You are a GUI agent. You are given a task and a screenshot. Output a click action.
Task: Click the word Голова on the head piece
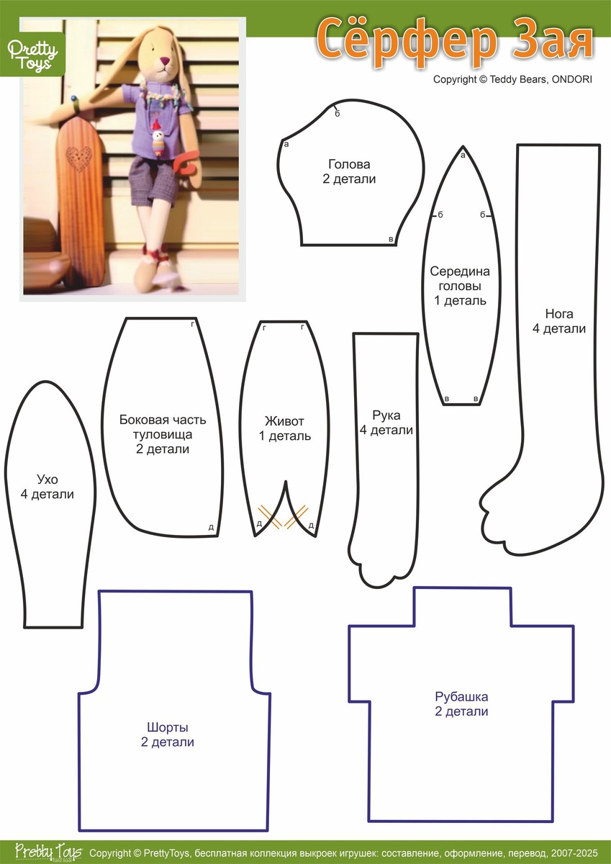tap(349, 164)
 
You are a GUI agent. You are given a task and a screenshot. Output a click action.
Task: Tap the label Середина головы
tap(460, 279)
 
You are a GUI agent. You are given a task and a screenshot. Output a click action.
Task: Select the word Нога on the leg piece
tap(559, 314)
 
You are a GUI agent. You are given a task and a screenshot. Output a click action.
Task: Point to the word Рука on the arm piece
tap(386, 415)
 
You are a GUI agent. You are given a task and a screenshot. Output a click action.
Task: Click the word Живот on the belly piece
tap(284, 421)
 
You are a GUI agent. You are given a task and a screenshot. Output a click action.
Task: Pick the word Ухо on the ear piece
tap(47, 480)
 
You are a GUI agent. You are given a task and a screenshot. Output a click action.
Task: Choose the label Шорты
tap(167, 727)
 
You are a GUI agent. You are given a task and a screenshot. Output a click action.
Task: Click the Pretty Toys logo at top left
tap(32, 55)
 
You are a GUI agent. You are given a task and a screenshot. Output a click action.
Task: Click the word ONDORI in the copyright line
tap(571, 79)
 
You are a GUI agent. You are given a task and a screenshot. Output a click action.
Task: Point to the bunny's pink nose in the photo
tap(166, 60)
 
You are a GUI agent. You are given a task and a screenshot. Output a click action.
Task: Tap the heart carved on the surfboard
tap(78, 159)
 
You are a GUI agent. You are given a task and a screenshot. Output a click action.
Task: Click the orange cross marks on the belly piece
tap(284, 516)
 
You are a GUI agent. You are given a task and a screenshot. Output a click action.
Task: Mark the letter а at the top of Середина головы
tap(463, 156)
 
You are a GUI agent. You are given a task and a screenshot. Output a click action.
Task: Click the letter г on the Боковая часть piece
tap(193, 325)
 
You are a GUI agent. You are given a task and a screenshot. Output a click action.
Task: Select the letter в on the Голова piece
tap(391, 239)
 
